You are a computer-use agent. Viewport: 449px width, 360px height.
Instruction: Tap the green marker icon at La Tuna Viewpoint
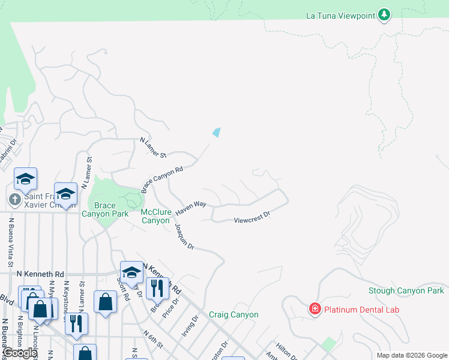(x=384, y=15)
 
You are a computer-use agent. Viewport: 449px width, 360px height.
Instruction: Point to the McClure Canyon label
(x=155, y=216)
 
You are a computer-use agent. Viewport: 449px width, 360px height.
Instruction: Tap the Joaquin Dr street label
(x=184, y=236)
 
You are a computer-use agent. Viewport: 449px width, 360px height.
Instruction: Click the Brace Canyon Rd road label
(x=162, y=179)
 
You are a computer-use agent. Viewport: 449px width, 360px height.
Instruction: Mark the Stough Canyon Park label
(x=406, y=291)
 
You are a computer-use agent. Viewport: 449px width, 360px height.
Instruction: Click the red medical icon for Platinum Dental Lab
(x=315, y=310)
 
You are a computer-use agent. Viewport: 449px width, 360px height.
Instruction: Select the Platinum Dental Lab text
(x=361, y=310)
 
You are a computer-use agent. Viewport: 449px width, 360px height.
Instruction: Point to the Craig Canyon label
(x=234, y=314)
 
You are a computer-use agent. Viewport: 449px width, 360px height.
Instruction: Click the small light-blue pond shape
(x=217, y=132)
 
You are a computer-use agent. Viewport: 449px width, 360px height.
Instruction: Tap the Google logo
(x=20, y=353)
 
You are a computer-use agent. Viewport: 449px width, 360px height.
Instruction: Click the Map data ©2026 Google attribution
(x=411, y=355)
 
